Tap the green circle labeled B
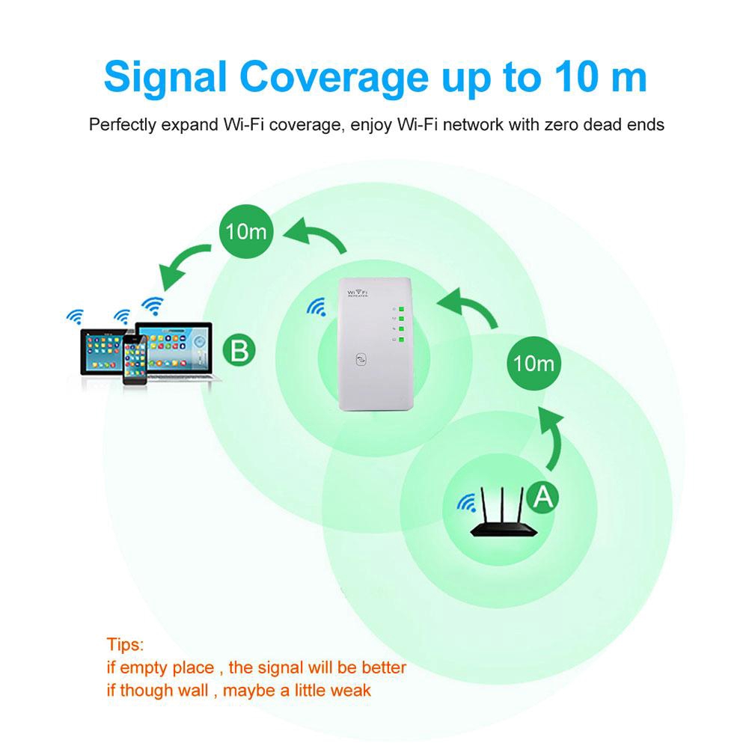tap(239, 350)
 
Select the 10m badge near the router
tap(534, 364)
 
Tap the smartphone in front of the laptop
tap(135, 361)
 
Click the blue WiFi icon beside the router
tap(467, 501)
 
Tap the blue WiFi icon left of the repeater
tap(317, 306)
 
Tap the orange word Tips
tap(125, 644)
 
